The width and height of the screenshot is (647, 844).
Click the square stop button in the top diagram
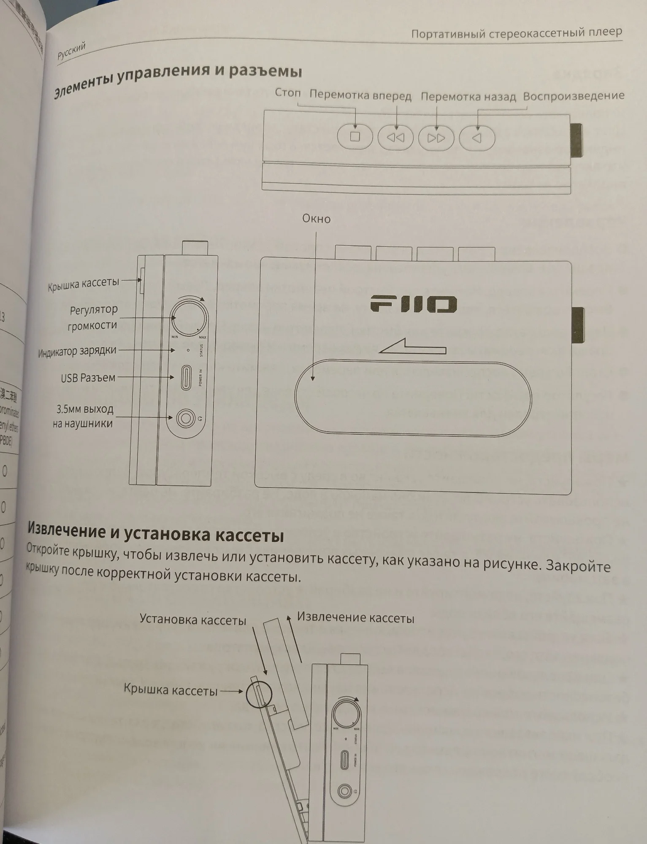[355, 137]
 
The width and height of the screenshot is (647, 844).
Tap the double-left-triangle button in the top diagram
[395, 138]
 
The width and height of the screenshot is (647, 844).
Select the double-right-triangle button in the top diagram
[436, 138]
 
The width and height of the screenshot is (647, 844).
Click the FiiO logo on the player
[414, 304]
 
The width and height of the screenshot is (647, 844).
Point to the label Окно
[316, 219]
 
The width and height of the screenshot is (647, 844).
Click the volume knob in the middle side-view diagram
[189, 318]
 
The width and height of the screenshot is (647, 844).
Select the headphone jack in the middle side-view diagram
[185, 418]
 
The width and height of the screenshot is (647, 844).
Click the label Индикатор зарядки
[77, 352]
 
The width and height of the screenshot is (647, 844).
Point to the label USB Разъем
[88, 378]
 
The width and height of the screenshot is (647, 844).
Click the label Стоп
[287, 92]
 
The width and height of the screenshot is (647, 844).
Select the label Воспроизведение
[573, 96]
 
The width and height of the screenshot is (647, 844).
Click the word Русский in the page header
[71, 51]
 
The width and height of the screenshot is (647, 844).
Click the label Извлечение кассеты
[355, 618]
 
